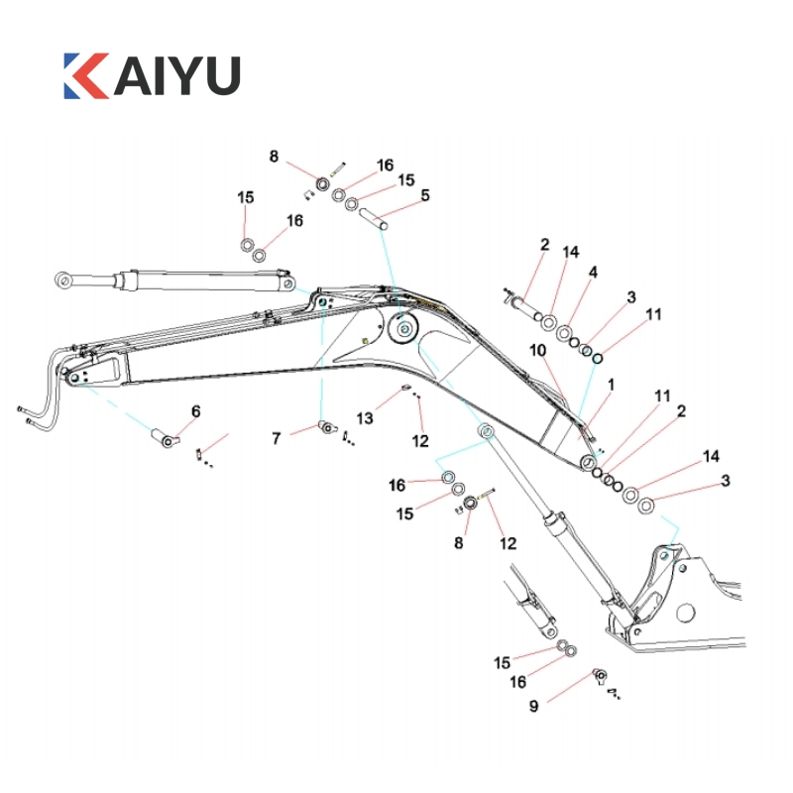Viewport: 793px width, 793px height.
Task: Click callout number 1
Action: click(612, 384)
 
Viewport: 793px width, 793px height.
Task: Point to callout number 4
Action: click(593, 272)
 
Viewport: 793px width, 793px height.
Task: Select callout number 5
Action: click(425, 195)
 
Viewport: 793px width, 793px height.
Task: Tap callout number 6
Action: click(195, 410)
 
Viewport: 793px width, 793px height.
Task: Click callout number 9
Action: click(533, 706)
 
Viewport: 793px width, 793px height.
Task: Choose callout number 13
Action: click(366, 418)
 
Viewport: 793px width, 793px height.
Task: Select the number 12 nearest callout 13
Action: click(420, 439)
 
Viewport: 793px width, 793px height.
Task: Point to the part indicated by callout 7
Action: click(325, 427)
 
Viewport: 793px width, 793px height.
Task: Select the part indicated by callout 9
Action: click(600, 676)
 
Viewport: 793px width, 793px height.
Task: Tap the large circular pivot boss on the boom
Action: click(402, 330)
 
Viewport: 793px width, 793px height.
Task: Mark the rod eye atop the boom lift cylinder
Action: click(487, 432)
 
